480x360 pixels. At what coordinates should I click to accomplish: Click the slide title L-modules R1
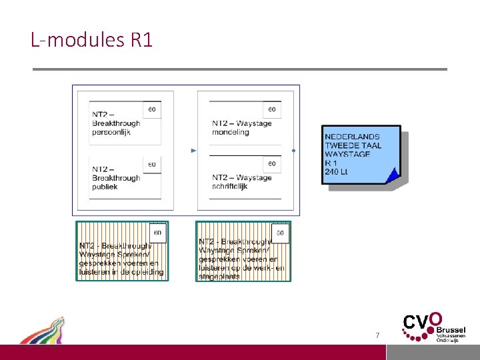coord(92,40)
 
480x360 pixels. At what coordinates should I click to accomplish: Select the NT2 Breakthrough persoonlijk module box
coord(125,123)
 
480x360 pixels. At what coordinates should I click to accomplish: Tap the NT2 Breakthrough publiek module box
coord(125,177)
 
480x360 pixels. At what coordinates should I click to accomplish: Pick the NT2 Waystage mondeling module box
coord(245,123)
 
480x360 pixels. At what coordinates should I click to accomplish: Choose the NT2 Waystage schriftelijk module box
coord(245,177)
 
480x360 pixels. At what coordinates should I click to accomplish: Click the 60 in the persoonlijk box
coord(152,109)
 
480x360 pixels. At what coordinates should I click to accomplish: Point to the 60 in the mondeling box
coord(272,109)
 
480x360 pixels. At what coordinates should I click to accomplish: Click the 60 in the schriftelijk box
coord(272,163)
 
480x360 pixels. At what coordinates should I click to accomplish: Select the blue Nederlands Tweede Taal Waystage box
coord(361,154)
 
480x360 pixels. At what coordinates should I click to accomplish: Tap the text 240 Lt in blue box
coord(337,171)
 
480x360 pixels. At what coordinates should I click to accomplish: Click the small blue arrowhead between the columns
coord(193,151)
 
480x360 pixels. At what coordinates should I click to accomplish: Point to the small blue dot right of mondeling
coord(294,151)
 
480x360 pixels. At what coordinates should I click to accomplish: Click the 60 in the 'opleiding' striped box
coord(158,233)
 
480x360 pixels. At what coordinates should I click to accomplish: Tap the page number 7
coord(377,335)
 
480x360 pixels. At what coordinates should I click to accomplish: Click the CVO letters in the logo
coord(419,323)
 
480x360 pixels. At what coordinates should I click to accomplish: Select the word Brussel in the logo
coord(451,330)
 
